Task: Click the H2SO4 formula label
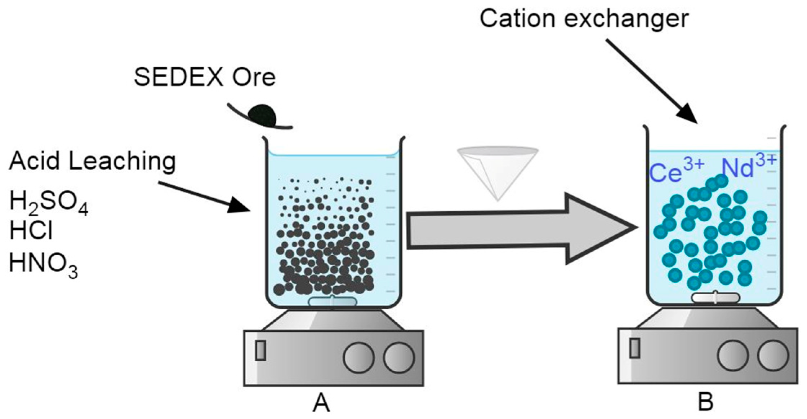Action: (49, 203)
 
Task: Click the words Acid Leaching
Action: (92, 162)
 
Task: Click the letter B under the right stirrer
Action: (705, 402)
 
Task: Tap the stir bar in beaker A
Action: (333, 301)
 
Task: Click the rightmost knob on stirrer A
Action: (399, 357)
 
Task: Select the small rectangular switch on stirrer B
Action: (634, 348)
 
